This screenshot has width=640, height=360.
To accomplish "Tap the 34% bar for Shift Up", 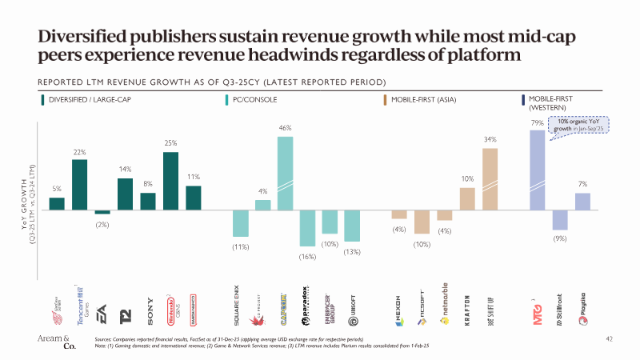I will point(490,178).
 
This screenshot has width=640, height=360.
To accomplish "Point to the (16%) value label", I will point(307,256).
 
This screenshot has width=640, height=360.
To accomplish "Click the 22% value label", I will point(80,152).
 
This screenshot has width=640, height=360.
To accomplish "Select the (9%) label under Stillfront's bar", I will point(560,238).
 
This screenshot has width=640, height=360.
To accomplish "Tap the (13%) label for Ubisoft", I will point(353,251).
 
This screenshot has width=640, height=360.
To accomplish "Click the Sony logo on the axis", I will point(148,308).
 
